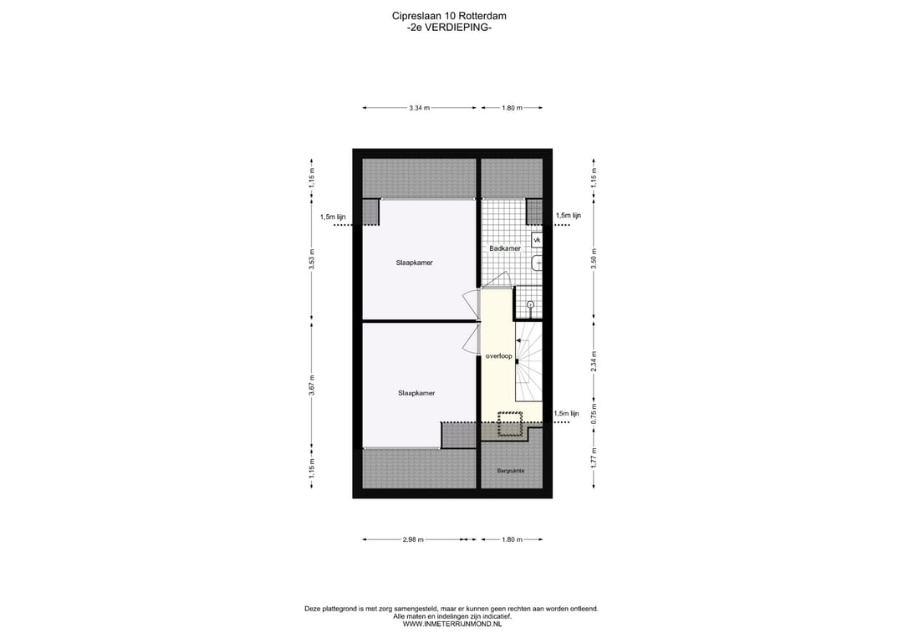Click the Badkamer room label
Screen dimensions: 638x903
click(x=505, y=248)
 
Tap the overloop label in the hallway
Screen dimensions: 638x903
click(x=498, y=356)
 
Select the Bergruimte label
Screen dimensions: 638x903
click(x=511, y=472)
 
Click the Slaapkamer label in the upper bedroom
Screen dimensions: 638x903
click(x=414, y=263)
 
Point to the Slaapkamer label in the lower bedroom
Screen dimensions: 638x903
click(x=416, y=392)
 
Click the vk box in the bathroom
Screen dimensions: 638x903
click(x=537, y=240)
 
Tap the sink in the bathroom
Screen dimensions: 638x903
click(x=537, y=264)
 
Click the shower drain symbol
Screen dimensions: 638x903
click(x=530, y=304)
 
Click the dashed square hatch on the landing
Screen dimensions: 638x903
click(x=509, y=424)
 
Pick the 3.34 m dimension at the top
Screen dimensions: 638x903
click(x=420, y=108)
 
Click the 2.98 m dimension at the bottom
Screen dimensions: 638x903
click(x=413, y=540)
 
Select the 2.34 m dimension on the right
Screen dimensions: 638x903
click(x=594, y=360)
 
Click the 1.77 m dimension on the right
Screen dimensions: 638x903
click(x=594, y=457)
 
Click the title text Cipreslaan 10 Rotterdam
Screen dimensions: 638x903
click(x=449, y=15)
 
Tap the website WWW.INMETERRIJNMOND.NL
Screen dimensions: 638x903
click(x=451, y=624)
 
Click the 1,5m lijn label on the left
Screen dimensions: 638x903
click(x=333, y=217)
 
